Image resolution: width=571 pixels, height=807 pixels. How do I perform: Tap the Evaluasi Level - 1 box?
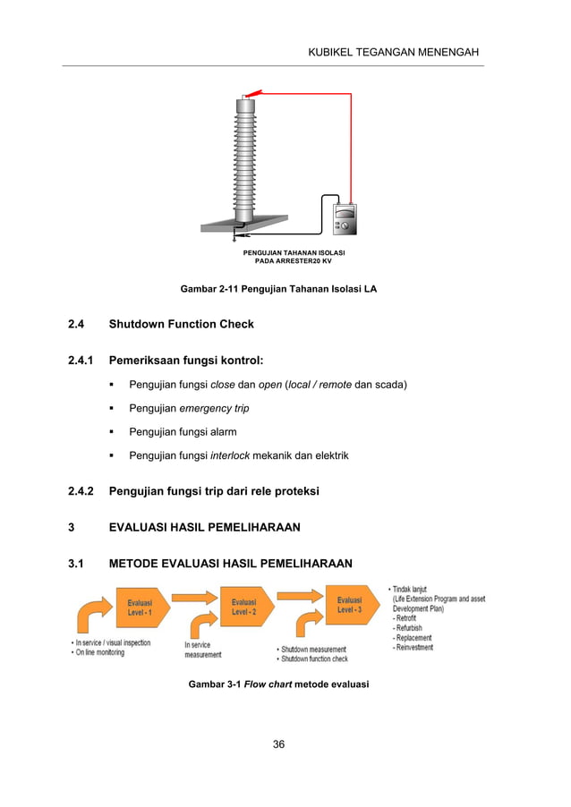click(141, 607)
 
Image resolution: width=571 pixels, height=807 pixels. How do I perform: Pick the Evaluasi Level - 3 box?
click(351, 604)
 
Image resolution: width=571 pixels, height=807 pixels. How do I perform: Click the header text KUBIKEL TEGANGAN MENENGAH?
click(395, 52)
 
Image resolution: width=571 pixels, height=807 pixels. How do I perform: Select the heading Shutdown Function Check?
click(181, 324)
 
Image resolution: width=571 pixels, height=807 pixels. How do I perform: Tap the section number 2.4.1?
click(81, 361)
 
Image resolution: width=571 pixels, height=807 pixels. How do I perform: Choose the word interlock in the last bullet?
click(231, 456)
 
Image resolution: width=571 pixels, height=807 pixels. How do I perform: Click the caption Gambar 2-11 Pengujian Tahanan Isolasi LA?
click(278, 289)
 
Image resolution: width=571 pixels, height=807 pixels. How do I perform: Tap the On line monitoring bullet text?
click(101, 652)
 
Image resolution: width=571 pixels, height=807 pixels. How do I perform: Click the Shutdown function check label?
click(315, 658)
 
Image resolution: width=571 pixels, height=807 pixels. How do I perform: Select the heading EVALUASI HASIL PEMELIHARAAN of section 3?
click(204, 527)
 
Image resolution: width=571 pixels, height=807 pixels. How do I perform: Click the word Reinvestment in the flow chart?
click(413, 648)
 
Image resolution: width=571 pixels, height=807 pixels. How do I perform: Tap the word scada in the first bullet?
click(392, 386)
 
